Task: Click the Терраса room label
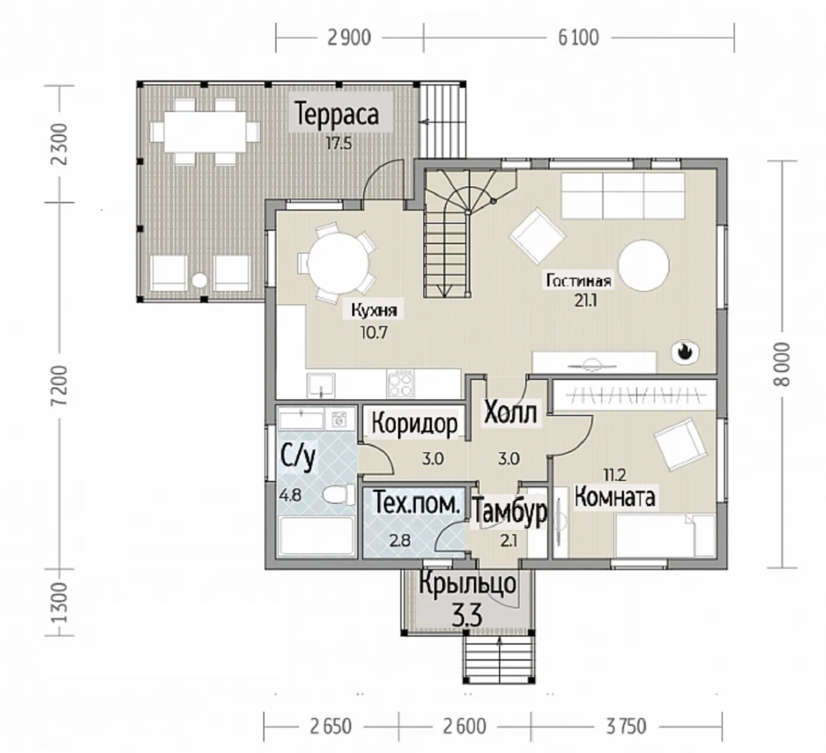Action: tap(337, 114)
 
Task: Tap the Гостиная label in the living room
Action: tap(579, 280)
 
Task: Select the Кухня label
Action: tap(374, 310)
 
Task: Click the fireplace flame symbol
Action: tap(684, 351)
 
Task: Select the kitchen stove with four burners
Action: tap(400, 383)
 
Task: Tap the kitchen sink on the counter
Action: tap(321, 385)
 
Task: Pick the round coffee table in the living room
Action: tap(644, 266)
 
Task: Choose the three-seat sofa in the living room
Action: tap(622, 195)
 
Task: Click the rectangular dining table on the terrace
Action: tap(204, 131)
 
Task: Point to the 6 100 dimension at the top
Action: tap(579, 38)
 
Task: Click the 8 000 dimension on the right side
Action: tap(783, 365)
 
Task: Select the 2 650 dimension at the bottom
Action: tap(331, 727)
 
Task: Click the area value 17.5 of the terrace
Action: tap(338, 144)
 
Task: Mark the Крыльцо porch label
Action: tap(468, 584)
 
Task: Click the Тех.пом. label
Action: tap(417, 504)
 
